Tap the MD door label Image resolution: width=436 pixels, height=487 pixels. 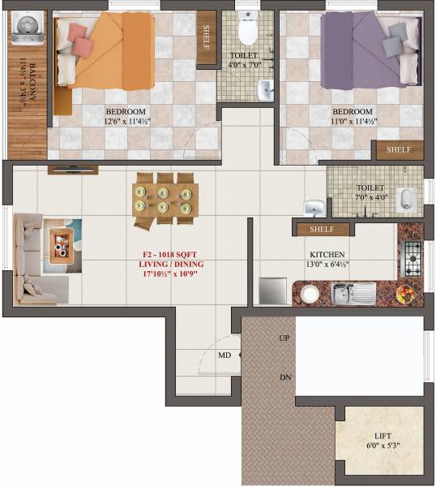pyautogui.click(x=224, y=355)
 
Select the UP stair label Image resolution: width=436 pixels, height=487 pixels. pyautogui.click(x=284, y=338)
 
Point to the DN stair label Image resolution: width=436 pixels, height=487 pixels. pyautogui.click(x=284, y=377)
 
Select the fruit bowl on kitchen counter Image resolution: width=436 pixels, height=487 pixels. pyautogui.click(x=405, y=292)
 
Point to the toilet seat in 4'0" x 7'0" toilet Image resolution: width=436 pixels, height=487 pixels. pyautogui.click(x=249, y=28)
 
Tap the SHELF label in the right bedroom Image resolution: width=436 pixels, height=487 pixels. pyautogui.click(x=398, y=150)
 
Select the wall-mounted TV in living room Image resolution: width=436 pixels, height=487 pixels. pyautogui.click(x=73, y=169)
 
